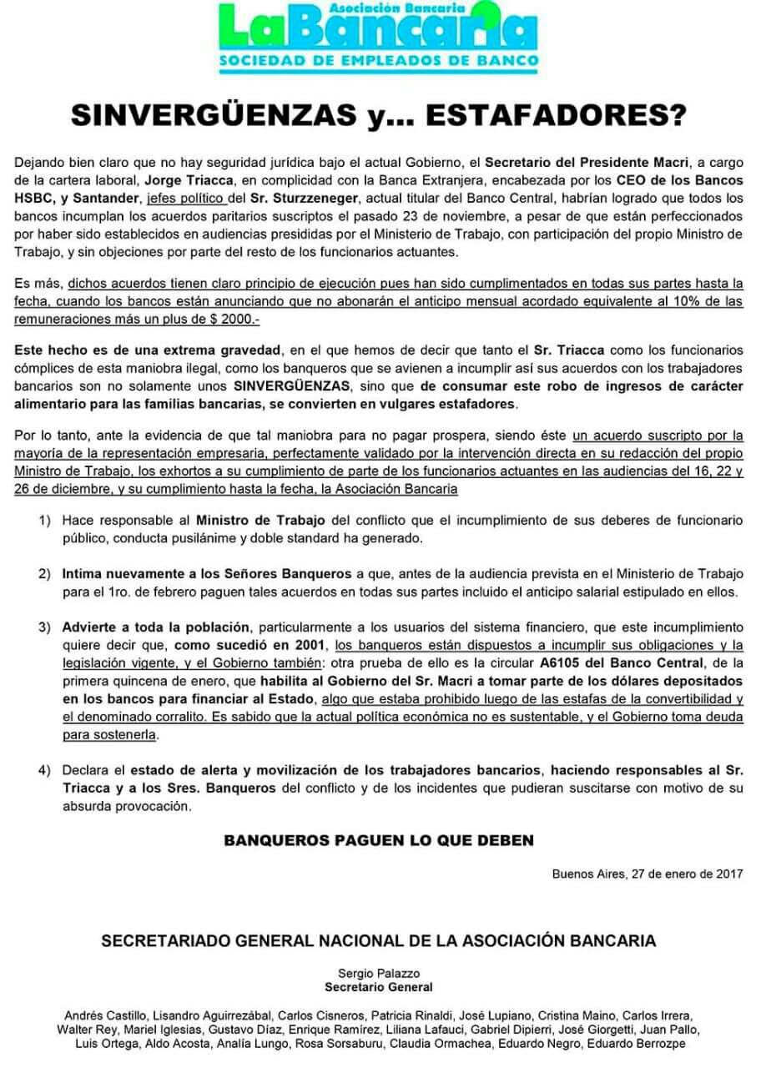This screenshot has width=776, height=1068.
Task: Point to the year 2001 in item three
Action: [310, 646]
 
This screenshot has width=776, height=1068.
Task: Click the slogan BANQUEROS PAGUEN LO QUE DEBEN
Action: [379, 839]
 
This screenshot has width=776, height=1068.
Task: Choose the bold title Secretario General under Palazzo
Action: [379, 987]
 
